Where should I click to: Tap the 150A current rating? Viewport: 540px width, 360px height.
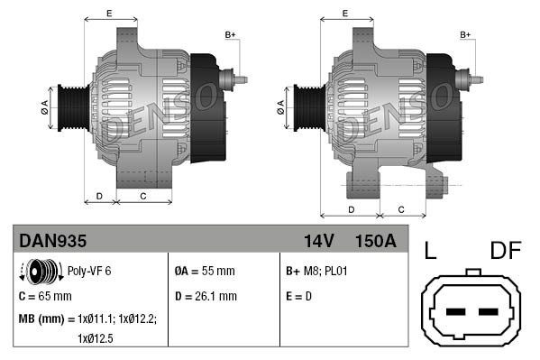click(x=375, y=241)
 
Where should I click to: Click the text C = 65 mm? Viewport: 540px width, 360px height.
click(x=45, y=295)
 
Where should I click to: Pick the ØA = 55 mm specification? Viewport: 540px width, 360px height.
click(x=204, y=270)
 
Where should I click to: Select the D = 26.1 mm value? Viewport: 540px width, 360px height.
click(x=206, y=295)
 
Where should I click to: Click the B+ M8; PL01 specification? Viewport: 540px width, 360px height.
click(x=316, y=270)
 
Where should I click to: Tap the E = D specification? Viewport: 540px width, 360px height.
click(x=300, y=295)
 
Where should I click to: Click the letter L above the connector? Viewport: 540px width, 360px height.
click(x=431, y=252)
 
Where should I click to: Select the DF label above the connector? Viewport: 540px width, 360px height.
click(x=506, y=252)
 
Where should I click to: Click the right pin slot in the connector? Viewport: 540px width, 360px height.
click(x=489, y=312)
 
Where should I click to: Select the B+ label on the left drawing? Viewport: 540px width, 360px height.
click(x=230, y=34)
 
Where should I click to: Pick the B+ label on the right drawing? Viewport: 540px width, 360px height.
click(x=465, y=34)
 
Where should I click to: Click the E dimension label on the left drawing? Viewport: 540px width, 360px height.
click(x=109, y=13)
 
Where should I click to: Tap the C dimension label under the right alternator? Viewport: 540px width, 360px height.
click(x=401, y=209)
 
